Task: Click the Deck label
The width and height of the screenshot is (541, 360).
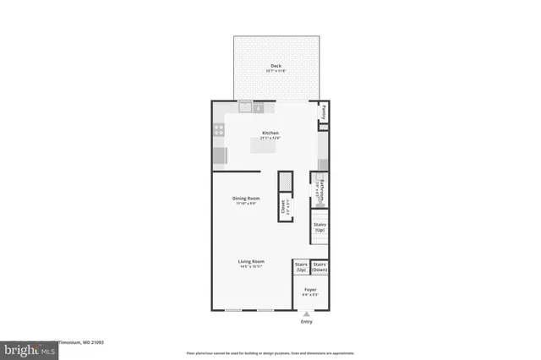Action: point(276,65)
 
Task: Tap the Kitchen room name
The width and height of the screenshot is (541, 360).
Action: point(270,133)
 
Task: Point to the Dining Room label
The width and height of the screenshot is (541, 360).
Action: point(244,199)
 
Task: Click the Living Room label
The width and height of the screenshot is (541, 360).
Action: point(251,262)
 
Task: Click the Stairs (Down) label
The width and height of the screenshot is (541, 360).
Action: point(320,267)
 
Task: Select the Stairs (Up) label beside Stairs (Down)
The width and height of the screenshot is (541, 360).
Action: point(301,267)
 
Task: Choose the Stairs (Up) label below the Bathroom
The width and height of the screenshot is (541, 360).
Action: point(320,227)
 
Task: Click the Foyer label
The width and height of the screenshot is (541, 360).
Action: point(310,289)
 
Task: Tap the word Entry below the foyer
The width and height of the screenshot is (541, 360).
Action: point(306,321)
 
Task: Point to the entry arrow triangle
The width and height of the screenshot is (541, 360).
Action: point(306,314)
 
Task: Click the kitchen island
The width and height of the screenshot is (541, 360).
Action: point(268,147)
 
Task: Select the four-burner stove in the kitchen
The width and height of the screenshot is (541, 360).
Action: point(219,130)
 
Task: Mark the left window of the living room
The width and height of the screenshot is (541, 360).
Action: point(234,310)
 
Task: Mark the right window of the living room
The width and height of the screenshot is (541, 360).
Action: point(265,310)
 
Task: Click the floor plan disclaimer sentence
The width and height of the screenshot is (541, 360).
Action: point(270,352)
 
